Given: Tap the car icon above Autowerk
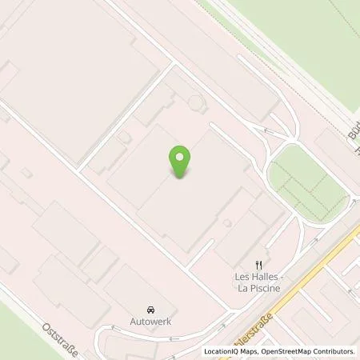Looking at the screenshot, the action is [x=150, y=309].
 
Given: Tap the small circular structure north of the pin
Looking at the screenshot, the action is [x=196, y=102].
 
